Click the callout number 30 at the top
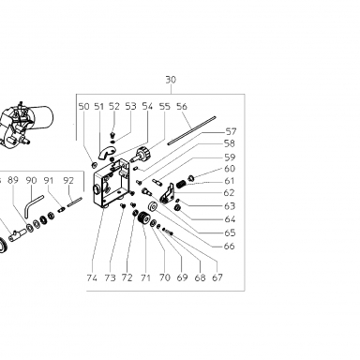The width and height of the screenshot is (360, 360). pos(171,80)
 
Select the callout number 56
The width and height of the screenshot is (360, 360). pos(182,107)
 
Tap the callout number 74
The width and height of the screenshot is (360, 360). pos(92,277)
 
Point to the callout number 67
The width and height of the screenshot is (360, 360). pos(217,277)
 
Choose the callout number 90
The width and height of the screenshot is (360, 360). pos(31,180)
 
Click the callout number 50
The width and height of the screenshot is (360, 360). pos(83,107)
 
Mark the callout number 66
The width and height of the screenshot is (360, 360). pos(229,247)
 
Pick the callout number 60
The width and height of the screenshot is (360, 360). pos(230,169)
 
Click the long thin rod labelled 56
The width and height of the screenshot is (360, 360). pos(191,130)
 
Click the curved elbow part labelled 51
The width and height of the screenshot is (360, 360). pos(105,153)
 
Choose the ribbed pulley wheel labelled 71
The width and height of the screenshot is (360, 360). pos(143,217)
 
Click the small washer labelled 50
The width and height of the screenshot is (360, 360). pos(93,164)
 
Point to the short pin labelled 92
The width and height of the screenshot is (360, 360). pos(74,202)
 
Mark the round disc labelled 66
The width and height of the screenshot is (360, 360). pos(154,206)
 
